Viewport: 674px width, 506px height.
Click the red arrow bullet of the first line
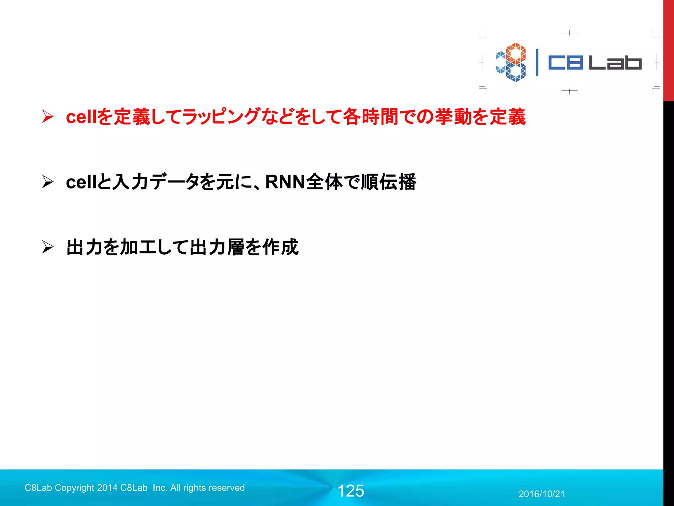point(48,117)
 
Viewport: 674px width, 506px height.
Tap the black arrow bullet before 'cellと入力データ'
point(48,182)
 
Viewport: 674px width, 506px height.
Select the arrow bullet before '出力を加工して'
point(48,247)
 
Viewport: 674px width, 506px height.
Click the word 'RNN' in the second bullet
point(285,182)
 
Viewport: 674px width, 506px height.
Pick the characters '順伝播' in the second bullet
point(388,182)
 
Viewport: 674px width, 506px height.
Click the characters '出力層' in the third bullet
point(217,247)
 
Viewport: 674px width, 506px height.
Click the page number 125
point(351,491)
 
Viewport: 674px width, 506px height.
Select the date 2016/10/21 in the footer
point(542,494)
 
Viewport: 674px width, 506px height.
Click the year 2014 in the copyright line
point(107,488)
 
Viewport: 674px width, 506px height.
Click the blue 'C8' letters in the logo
point(565,63)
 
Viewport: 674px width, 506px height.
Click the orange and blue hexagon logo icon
point(511,62)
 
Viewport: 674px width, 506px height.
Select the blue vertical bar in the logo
point(537,63)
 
